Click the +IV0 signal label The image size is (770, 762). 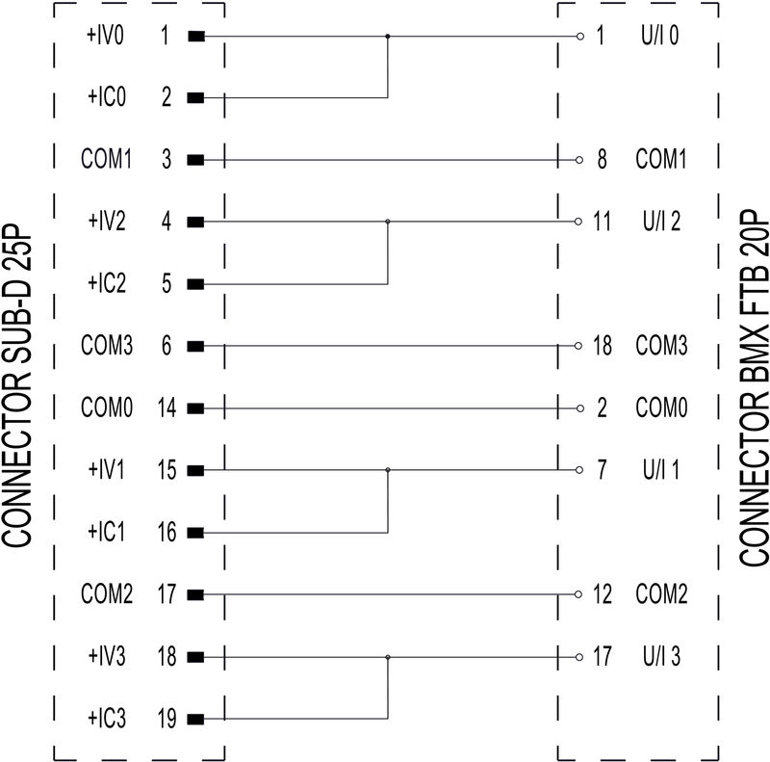click(x=104, y=37)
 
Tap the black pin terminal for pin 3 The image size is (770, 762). click(x=195, y=160)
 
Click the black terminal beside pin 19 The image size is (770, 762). click(x=195, y=720)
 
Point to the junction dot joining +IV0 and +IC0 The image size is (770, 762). click(x=387, y=37)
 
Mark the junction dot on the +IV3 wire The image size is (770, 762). click(x=387, y=658)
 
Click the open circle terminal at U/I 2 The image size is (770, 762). click(x=577, y=223)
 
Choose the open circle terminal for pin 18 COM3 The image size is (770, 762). click(x=577, y=346)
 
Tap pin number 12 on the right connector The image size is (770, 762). click(x=603, y=595)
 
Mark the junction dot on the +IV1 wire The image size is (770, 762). click(x=387, y=470)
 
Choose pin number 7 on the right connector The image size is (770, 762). click(x=603, y=470)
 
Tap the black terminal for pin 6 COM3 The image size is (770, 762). click(x=195, y=346)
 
